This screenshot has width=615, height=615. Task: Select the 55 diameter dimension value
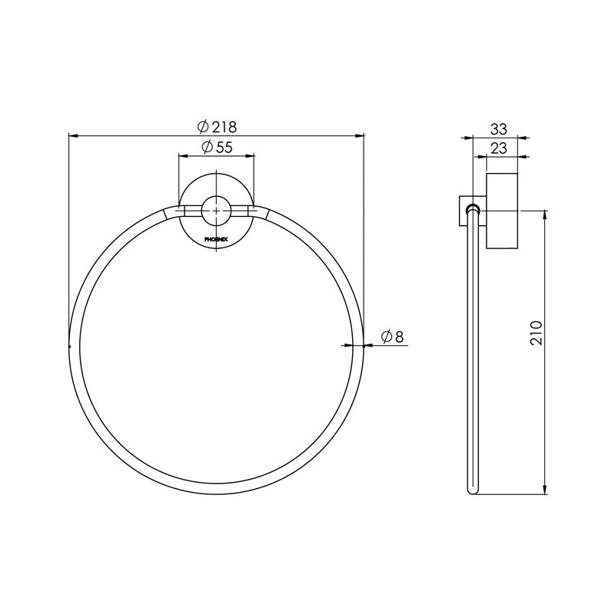(x=224, y=147)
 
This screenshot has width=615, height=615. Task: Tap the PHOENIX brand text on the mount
(x=216, y=239)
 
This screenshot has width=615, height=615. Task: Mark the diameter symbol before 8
(x=388, y=336)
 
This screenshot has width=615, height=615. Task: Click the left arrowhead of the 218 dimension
(x=73, y=136)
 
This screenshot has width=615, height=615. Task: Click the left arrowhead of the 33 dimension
(x=464, y=139)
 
